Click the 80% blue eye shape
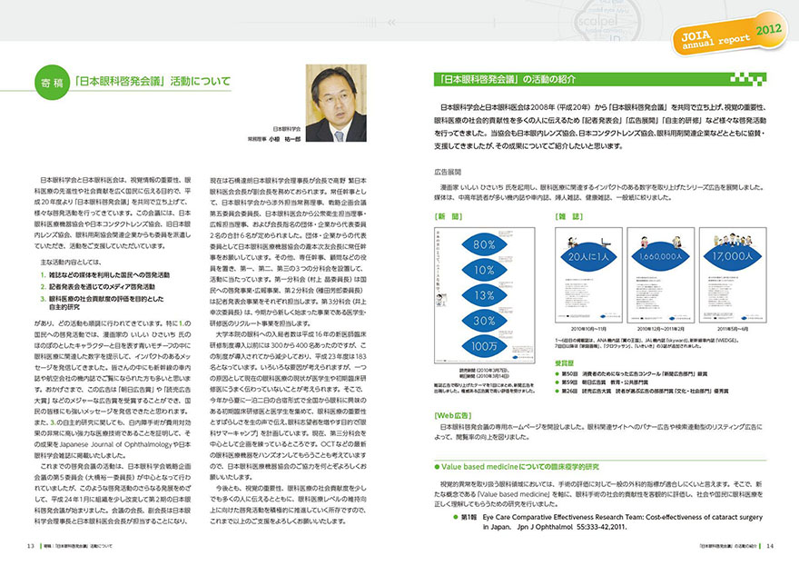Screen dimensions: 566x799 coord(509,245)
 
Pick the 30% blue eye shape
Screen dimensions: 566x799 coord(509,320)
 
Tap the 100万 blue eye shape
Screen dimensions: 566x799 coord(509,345)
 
